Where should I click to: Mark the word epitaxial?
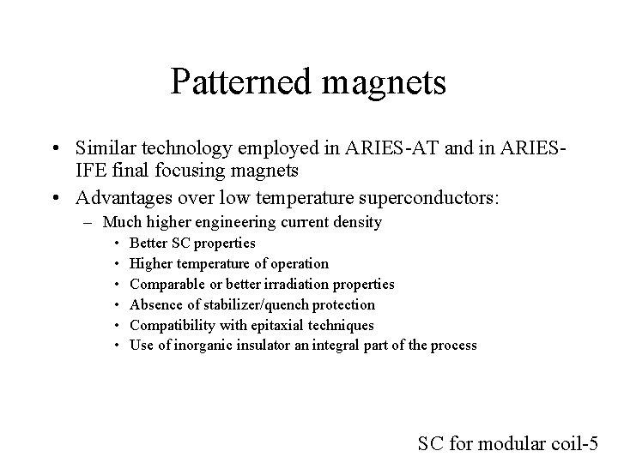pos(266,325)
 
